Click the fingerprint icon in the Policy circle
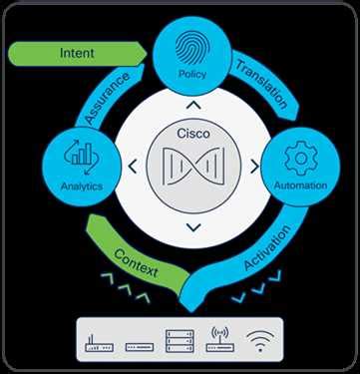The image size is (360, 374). [x=189, y=49]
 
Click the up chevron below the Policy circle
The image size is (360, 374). [x=189, y=102]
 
